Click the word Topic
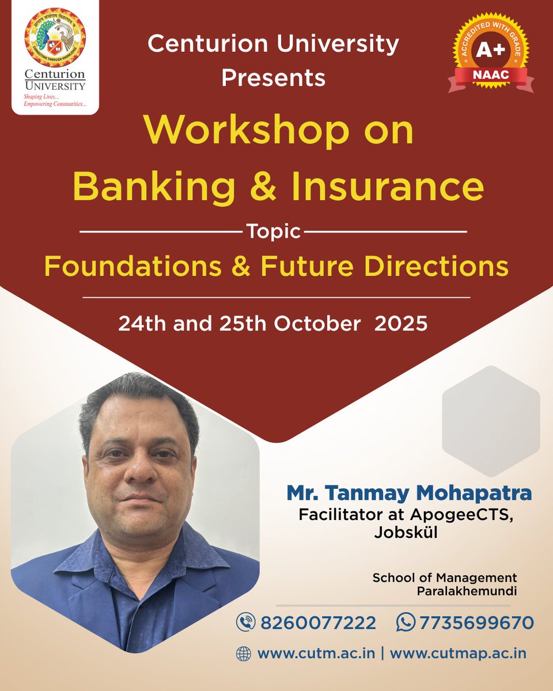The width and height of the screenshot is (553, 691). (x=274, y=232)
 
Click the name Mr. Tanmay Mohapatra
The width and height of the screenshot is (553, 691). (x=409, y=493)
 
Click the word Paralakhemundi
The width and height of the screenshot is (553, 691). (x=467, y=591)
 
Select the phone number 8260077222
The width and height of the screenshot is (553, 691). (x=319, y=622)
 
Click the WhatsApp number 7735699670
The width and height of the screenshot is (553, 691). (x=476, y=622)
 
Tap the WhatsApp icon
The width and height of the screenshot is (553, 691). (x=406, y=622)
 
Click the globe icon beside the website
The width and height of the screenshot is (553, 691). (x=244, y=654)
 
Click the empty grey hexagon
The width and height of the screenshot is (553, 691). (x=491, y=420)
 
